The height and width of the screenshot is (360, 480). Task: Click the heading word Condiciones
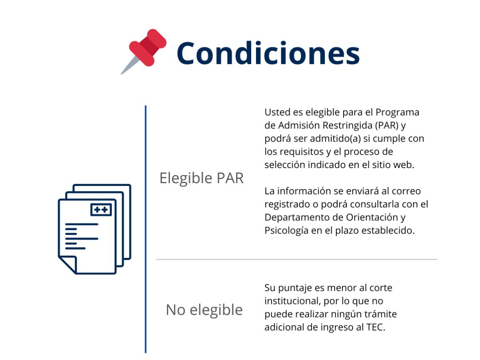point(268,53)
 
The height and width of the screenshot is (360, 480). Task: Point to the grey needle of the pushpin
point(129,66)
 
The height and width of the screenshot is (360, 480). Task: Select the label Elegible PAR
point(202,178)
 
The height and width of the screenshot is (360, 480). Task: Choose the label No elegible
point(204,310)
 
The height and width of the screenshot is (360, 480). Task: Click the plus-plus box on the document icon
point(101,210)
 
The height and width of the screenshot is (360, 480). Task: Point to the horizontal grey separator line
point(296,259)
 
